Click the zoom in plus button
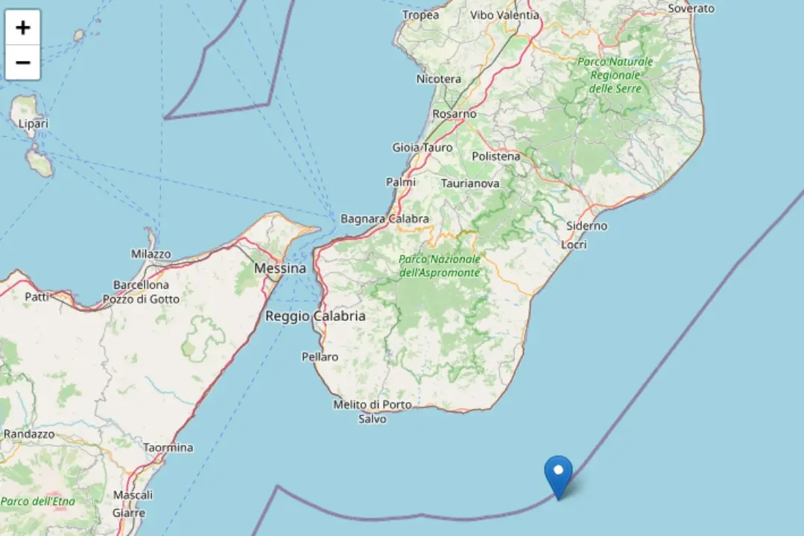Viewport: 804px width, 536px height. (x=23, y=28)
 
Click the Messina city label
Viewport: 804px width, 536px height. (x=279, y=268)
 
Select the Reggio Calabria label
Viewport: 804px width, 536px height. (x=315, y=316)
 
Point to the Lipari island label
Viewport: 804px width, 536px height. (x=33, y=124)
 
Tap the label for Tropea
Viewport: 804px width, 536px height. (x=420, y=15)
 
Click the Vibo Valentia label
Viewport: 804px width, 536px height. (x=504, y=15)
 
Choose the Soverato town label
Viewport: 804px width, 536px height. (x=691, y=8)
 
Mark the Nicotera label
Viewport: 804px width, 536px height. (x=439, y=79)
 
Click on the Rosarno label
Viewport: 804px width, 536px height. (x=454, y=114)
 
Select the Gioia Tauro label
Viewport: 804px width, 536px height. (x=422, y=147)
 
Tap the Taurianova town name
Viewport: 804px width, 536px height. (x=470, y=183)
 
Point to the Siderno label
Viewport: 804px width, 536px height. (x=586, y=226)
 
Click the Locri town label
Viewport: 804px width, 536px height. (x=574, y=244)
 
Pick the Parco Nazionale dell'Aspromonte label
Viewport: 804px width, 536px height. (x=439, y=266)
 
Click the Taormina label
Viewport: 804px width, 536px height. (x=168, y=447)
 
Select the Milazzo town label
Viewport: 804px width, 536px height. (x=151, y=254)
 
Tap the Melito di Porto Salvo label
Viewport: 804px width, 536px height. (x=372, y=412)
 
